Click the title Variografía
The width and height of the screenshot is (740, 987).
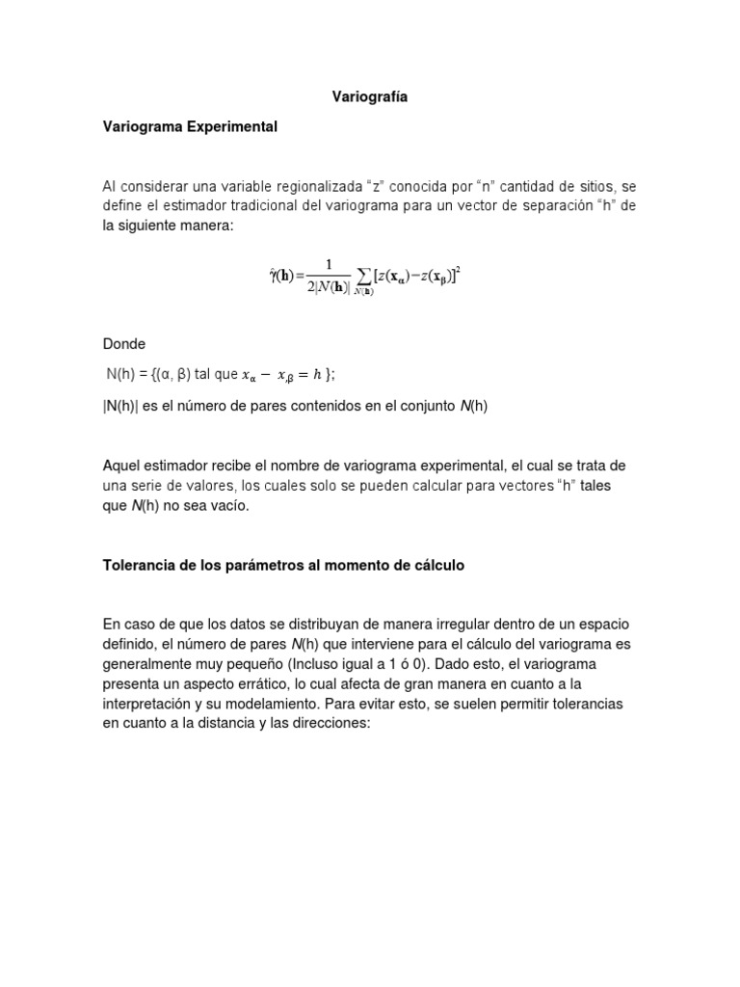[x=369, y=97]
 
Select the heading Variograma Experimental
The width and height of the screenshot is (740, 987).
[x=190, y=126]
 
